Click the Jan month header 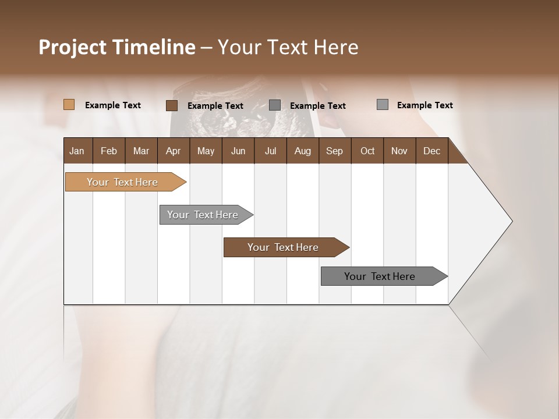pyautogui.click(x=77, y=151)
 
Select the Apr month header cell pyautogui.click(x=173, y=151)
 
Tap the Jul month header pyautogui.click(x=270, y=151)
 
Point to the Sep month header pyautogui.click(x=334, y=151)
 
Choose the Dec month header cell pyautogui.click(x=431, y=151)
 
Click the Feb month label pyautogui.click(x=109, y=151)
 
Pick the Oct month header pyautogui.click(x=367, y=151)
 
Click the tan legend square pyautogui.click(x=69, y=105)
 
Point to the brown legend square pyautogui.click(x=171, y=105)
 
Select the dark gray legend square pyautogui.click(x=275, y=105)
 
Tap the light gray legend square pyautogui.click(x=382, y=105)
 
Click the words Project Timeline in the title pyautogui.click(x=116, y=47)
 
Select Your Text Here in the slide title pyautogui.click(x=288, y=47)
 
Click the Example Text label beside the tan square pyautogui.click(x=113, y=105)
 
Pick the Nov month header pyautogui.click(x=399, y=151)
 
